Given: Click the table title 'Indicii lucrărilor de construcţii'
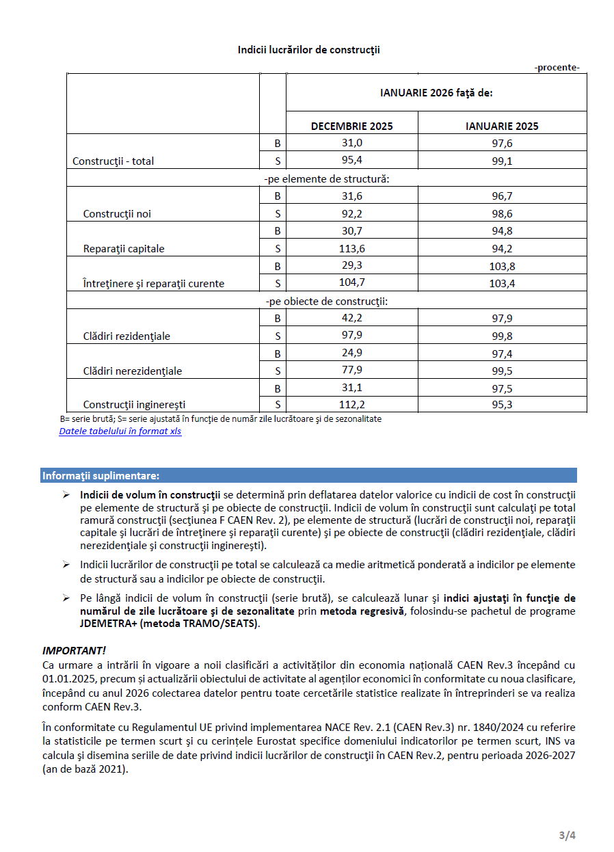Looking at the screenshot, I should point(308,50).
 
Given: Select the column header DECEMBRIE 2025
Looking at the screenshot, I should point(351,126).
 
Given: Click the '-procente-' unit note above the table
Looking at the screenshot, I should point(557,67).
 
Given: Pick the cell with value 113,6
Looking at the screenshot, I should point(351,248).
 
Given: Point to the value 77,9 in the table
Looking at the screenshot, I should point(351,371).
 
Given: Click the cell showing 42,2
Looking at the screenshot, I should point(351,318).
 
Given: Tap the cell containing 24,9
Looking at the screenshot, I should point(351,354).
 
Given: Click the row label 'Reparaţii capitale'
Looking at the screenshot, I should point(124,249).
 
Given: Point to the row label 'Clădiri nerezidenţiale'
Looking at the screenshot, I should point(133,371).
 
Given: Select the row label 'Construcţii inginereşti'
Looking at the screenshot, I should point(134,405).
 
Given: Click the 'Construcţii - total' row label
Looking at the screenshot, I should point(114,161).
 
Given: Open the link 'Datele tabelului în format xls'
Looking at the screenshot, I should point(120,431).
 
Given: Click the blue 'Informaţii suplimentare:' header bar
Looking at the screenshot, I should point(308,475).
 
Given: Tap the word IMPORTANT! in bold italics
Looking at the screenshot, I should point(74,650).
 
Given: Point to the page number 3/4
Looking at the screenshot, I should point(568,835).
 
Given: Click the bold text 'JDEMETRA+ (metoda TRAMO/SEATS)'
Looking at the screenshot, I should point(170,624).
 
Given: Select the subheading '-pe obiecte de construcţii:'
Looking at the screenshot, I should point(326,301).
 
